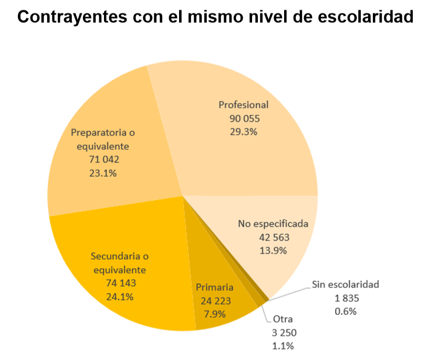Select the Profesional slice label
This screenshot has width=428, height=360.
(x=244, y=105)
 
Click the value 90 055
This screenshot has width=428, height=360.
(x=244, y=118)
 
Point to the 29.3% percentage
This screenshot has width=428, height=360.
(x=244, y=131)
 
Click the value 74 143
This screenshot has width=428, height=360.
(x=120, y=283)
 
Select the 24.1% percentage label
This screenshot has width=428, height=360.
(x=120, y=296)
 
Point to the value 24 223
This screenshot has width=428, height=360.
(x=215, y=301)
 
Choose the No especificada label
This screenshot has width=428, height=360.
(x=273, y=224)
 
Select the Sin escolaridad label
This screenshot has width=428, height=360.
(x=346, y=285)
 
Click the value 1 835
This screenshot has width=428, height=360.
(x=346, y=298)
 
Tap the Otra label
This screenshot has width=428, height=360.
(x=283, y=319)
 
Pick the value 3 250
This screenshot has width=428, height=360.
(x=283, y=332)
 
